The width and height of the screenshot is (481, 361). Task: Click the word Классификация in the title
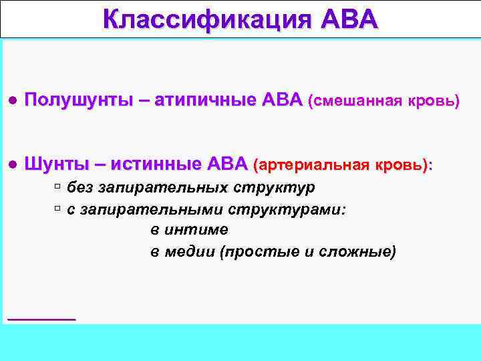[x=203, y=19]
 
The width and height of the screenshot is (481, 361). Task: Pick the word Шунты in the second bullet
[x=56, y=164]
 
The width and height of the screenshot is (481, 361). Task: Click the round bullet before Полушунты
[x=12, y=102]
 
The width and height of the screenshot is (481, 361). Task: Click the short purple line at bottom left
[x=41, y=320]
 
